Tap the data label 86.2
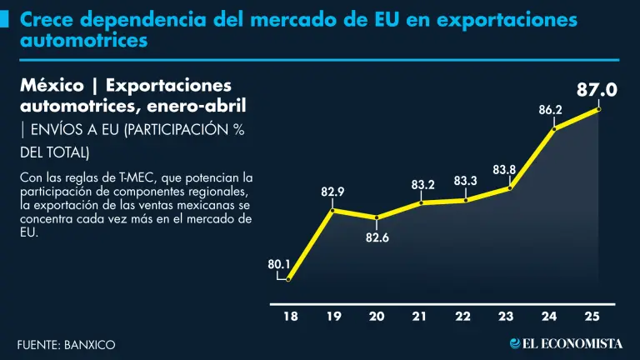point(550,109)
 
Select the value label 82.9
point(332,192)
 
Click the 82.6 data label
point(377,237)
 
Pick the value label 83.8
point(504,170)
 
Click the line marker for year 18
point(288,279)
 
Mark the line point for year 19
point(332,210)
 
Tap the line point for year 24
point(554,128)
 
